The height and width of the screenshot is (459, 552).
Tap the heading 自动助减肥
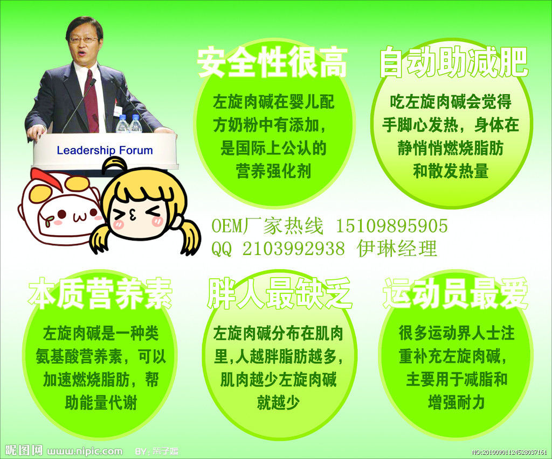click(x=453, y=63)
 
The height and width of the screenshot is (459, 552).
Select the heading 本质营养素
click(x=100, y=294)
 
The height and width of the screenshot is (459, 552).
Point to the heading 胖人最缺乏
click(x=279, y=294)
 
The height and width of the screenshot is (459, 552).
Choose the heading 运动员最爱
click(x=456, y=294)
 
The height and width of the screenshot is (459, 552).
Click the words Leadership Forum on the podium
click(x=105, y=150)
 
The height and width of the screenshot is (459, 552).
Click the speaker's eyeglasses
click(x=84, y=40)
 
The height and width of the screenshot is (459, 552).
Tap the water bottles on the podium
click(x=129, y=124)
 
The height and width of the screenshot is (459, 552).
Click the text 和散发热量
click(x=451, y=171)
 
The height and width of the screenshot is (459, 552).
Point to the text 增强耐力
click(x=456, y=402)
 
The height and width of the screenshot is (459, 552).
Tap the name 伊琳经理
click(x=397, y=249)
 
